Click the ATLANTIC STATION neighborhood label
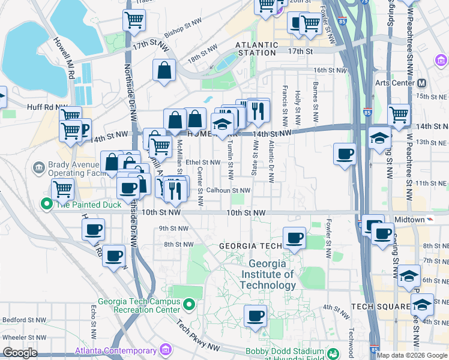pyautogui.click(x=256, y=49)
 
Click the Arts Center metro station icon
pyautogui.click(x=421, y=83)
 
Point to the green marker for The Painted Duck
pyautogui.click(x=46, y=204)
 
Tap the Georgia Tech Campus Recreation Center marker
pyautogui.click(x=188, y=305)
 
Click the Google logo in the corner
pyautogui.click(x=19, y=353)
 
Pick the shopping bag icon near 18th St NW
pyautogui.click(x=164, y=70)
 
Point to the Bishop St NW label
pyautogui.click(x=165, y=31)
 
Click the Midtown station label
pyautogui.click(x=409, y=219)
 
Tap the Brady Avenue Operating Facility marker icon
pyautogui.click(x=39, y=166)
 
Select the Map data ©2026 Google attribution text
pyautogui.click(x=412, y=355)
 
